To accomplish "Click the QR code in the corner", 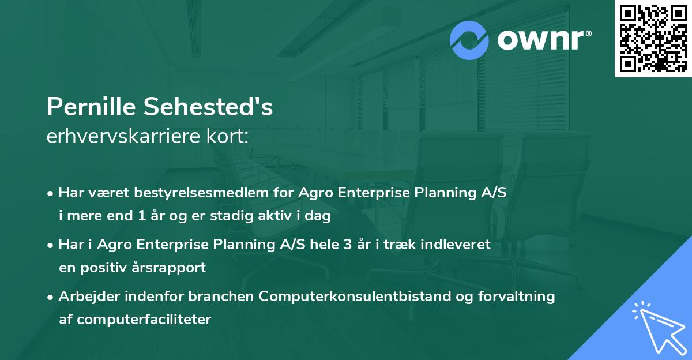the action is [653, 38].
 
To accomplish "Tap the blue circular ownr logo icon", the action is [469, 40].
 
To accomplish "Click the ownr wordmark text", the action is [540, 40].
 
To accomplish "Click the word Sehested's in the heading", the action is [208, 107].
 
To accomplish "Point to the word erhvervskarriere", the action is [123, 136].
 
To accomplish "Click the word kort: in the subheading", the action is [227, 136].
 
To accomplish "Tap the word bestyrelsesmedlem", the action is [201, 193].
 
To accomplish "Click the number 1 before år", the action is [142, 215].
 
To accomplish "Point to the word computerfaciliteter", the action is [144, 319].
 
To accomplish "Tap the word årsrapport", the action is [168, 268].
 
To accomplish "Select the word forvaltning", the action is [517, 297].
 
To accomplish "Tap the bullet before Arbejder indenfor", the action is [50, 297].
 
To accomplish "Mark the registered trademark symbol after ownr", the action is [588, 33].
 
